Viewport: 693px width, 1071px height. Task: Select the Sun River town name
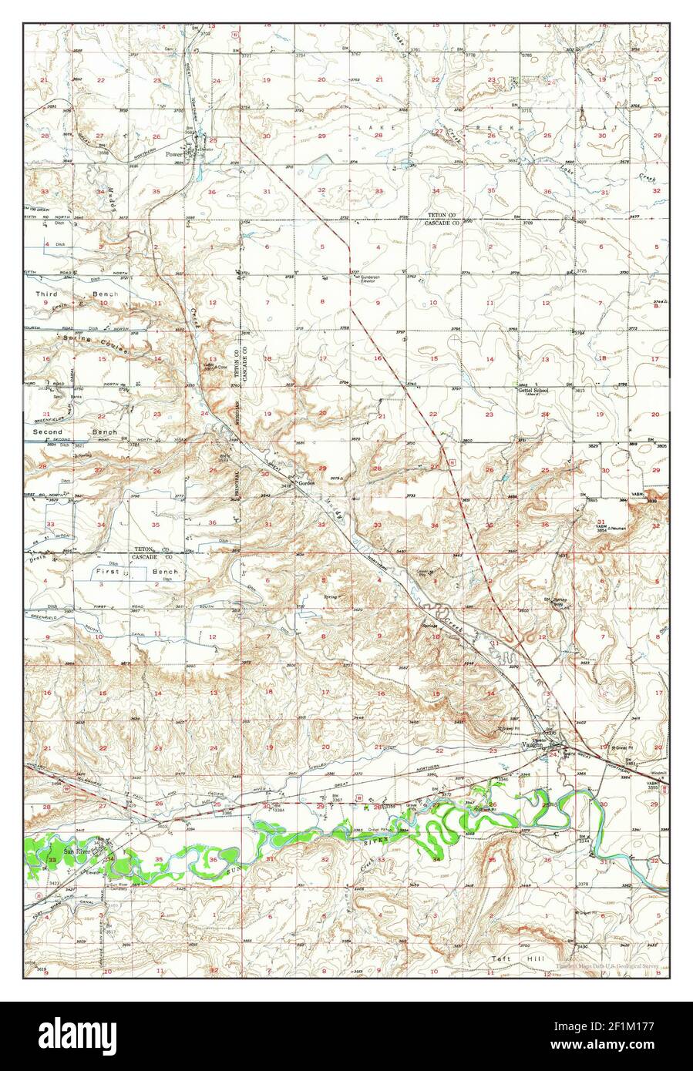[79, 851]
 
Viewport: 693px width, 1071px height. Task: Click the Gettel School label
[533, 391]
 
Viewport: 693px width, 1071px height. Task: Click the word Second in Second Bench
[48, 432]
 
